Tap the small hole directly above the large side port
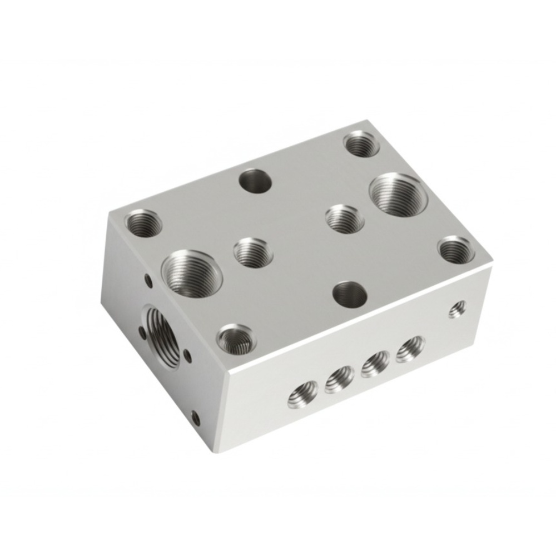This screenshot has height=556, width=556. click(x=148, y=280)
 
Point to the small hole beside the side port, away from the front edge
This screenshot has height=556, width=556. click(x=142, y=333)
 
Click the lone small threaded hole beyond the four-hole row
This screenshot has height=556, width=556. click(x=457, y=309)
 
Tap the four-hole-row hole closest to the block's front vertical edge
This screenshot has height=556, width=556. click(x=302, y=393)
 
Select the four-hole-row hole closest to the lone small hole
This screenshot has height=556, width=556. click(x=410, y=349)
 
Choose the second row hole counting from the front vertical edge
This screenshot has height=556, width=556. click(x=339, y=379)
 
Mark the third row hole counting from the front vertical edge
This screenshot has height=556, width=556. click(x=375, y=364)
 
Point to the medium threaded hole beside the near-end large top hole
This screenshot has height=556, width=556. click(x=253, y=252)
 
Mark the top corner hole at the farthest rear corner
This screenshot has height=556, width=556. click(x=361, y=143)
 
